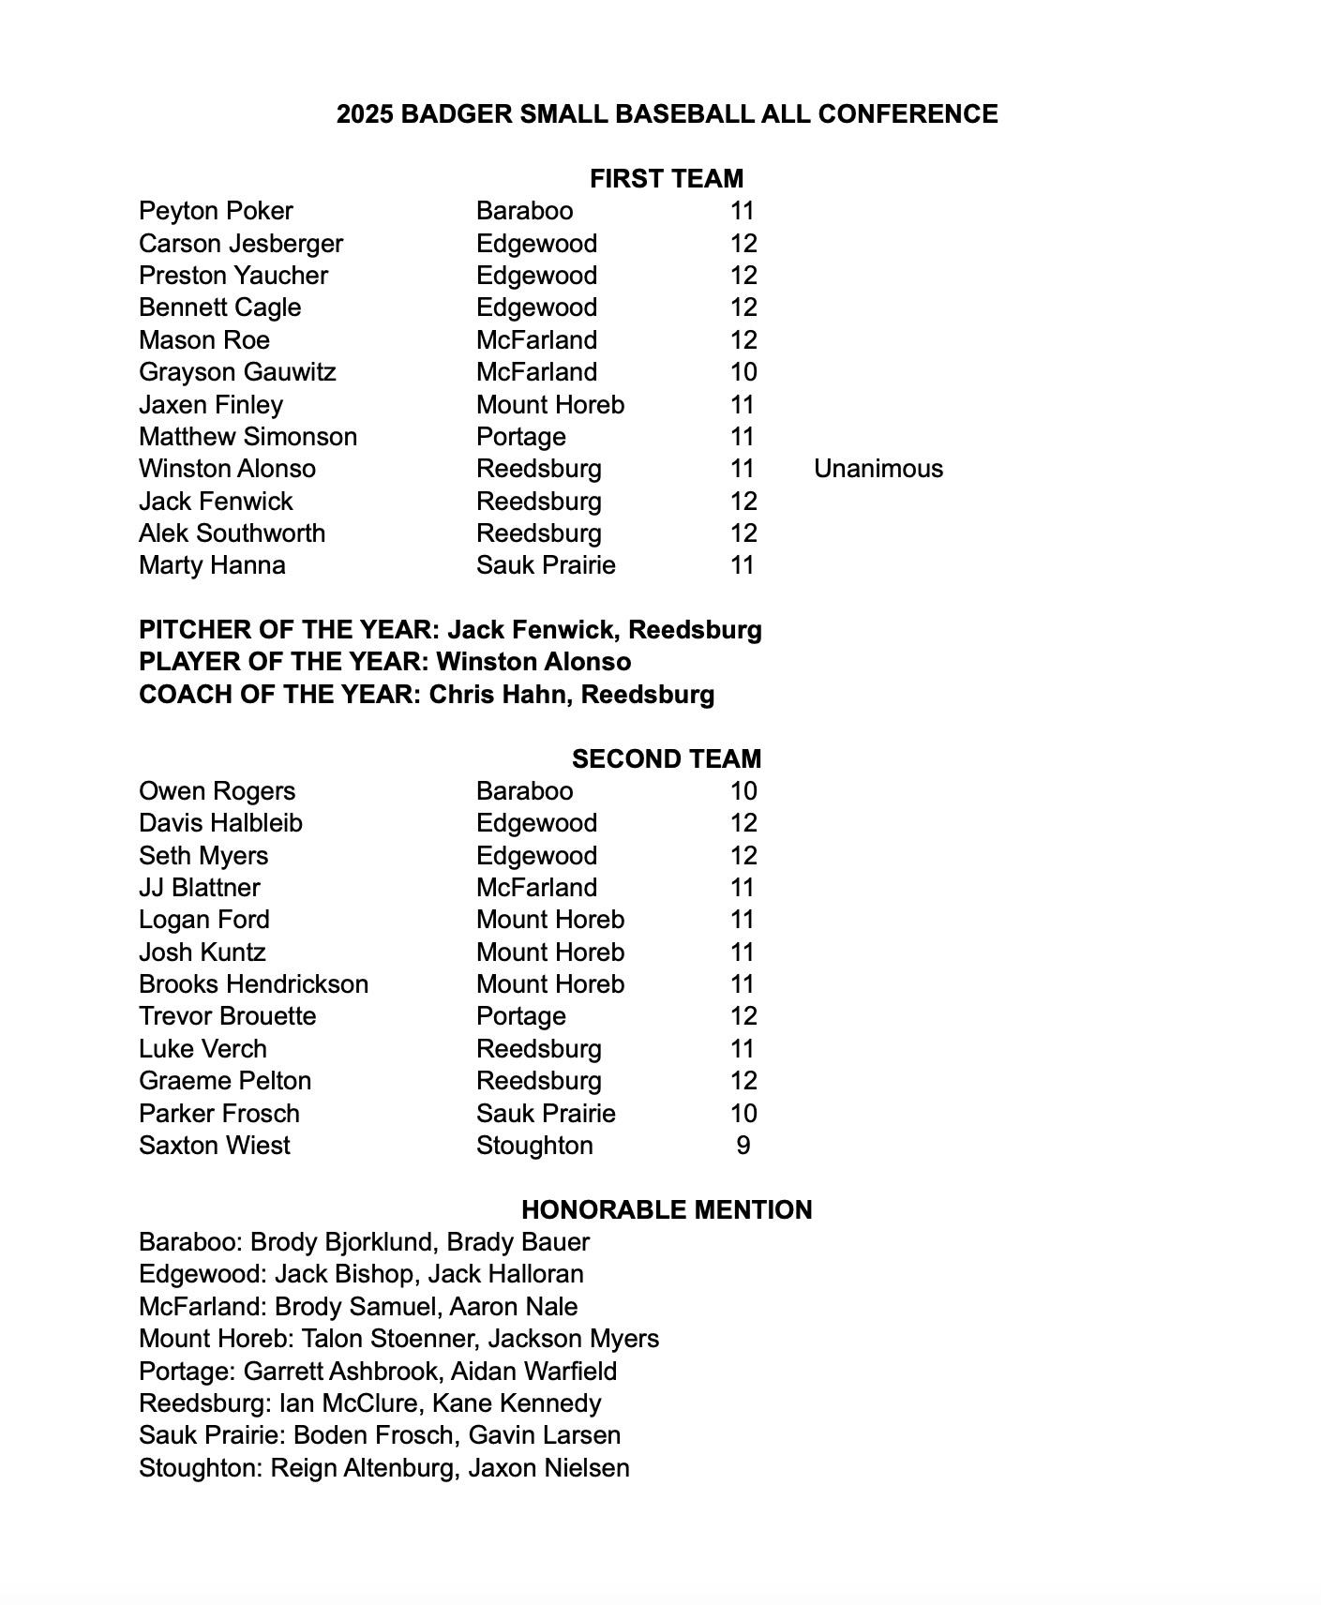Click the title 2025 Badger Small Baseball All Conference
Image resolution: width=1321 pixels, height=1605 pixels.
click(x=667, y=114)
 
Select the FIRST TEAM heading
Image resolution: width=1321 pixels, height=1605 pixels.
click(x=667, y=178)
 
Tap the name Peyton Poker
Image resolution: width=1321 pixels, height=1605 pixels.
click(x=216, y=211)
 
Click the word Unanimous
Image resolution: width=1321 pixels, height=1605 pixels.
click(x=878, y=469)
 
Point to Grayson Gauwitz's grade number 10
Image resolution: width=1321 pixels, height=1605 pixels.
click(x=743, y=372)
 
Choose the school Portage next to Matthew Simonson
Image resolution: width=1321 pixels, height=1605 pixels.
click(x=520, y=437)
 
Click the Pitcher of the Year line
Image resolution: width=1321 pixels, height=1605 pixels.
click(x=450, y=630)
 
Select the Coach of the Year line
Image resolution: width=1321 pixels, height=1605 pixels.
click(x=427, y=695)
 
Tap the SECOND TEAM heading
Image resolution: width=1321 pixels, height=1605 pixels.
click(x=667, y=758)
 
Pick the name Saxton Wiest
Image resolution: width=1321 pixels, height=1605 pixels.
click(x=215, y=1146)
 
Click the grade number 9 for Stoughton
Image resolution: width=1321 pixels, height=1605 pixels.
click(x=743, y=1146)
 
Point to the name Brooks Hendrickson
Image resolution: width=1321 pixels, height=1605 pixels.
click(x=253, y=984)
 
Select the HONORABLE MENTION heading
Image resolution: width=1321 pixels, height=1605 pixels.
click(x=667, y=1209)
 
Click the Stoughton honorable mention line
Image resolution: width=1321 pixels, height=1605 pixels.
click(x=384, y=1468)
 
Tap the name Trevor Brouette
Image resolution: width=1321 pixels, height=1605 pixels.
click(x=228, y=1016)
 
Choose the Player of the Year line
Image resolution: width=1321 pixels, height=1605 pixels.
click(x=384, y=662)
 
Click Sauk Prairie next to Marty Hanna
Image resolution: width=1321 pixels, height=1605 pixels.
click(x=546, y=565)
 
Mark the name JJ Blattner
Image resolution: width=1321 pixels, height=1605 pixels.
click(x=200, y=888)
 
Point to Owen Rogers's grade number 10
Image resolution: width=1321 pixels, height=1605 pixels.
click(x=743, y=791)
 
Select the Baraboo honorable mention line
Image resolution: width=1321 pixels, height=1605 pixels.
click(x=364, y=1242)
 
